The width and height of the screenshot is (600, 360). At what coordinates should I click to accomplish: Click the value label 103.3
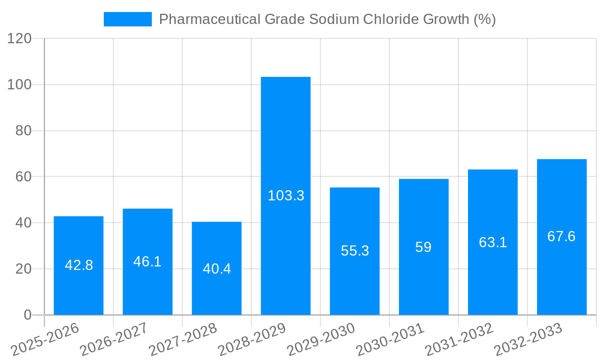(x=286, y=196)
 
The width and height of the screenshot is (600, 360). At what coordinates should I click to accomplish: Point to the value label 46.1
(x=148, y=262)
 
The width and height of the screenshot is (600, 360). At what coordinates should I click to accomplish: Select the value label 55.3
(x=355, y=251)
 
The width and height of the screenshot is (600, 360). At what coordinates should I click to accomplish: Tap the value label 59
(x=424, y=247)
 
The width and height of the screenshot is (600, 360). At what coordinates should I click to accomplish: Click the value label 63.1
(x=493, y=242)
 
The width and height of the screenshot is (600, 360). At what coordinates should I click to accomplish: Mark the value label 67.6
(x=562, y=236)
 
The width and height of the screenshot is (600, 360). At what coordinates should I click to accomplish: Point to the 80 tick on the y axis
(x=22, y=131)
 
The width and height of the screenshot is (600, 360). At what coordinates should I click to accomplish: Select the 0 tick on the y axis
(x=27, y=315)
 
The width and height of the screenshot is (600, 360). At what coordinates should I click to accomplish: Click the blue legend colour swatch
(x=128, y=19)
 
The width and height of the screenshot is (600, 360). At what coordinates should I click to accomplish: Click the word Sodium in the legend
(x=333, y=19)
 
